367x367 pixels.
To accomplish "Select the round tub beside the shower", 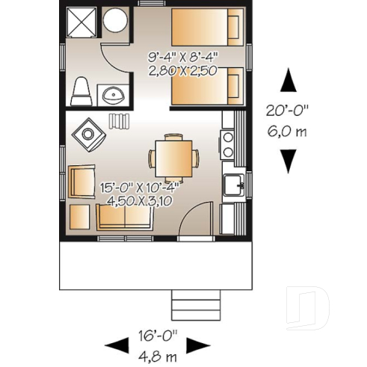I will click(115, 21).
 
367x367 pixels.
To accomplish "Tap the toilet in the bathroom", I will click(81, 93).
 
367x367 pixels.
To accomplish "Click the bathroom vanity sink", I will click(114, 95).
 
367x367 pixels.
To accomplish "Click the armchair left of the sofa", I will click(80, 181).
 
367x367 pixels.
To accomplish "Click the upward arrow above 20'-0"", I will click(289, 78).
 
